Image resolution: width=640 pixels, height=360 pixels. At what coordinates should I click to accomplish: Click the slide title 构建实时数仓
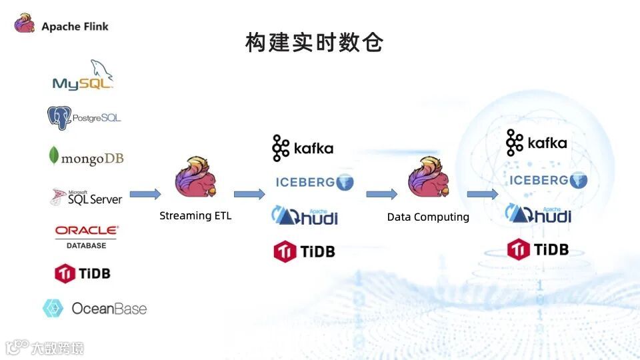(x=314, y=43)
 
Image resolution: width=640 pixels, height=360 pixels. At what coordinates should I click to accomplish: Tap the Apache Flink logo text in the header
(x=74, y=27)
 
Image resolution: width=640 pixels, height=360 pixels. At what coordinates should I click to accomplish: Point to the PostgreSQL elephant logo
(x=84, y=118)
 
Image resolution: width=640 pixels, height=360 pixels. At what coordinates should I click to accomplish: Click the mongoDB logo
(x=86, y=157)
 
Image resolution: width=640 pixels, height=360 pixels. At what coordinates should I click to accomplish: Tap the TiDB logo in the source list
(x=83, y=273)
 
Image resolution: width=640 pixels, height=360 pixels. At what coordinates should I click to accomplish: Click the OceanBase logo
(x=94, y=308)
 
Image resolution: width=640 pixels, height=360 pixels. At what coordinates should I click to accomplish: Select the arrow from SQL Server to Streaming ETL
(x=145, y=194)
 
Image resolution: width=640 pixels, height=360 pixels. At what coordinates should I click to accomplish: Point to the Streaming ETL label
(x=195, y=216)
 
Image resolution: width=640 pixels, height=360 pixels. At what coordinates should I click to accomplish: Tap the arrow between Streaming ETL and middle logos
(x=249, y=194)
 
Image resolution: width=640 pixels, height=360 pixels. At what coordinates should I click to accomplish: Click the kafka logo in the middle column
(x=303, y=148)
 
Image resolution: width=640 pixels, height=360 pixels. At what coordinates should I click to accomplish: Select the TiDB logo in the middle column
(x=304, y=251)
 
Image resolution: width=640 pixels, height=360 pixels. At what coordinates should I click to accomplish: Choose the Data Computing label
(x=428, y=217)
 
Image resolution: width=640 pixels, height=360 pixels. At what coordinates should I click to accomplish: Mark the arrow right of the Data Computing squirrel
(x=482, y=194)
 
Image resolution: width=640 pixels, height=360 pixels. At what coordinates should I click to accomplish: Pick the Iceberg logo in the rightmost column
(x=548, y=180)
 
